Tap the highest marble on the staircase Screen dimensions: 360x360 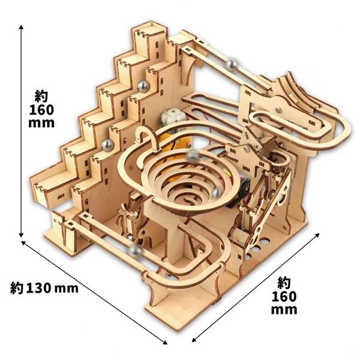(x=143, y=86)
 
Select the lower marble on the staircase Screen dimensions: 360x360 (x=107, y=145)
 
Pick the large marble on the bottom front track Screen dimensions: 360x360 (x=135, y=251)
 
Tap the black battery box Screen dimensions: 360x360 (x=239, y=191)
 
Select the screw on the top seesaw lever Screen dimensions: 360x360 (x=278, y=110)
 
